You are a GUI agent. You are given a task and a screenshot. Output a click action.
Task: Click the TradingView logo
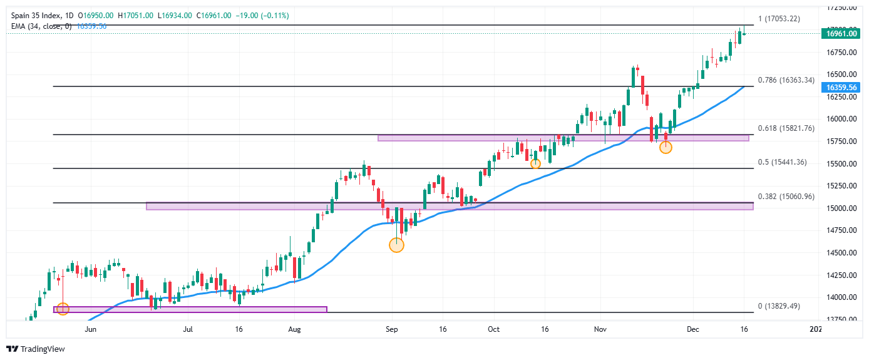[36, 349]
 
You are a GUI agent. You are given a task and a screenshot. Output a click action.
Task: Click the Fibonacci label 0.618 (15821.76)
[786, 128]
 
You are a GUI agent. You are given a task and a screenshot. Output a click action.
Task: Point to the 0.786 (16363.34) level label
[786, 80]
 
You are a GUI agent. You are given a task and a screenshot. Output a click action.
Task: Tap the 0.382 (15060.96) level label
[786, 197]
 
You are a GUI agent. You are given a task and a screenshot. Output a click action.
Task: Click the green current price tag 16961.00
[841, 33]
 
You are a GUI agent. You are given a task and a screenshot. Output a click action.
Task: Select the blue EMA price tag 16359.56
[841, 88]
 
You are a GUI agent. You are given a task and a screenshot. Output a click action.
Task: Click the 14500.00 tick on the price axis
[840, 253]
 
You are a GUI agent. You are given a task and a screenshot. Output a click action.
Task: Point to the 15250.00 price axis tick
[840, 186]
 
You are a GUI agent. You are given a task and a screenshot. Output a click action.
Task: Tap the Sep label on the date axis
[392, 328]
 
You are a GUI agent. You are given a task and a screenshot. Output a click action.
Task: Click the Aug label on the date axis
[295, 328]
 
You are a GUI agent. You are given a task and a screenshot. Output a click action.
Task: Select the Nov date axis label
[600, 328]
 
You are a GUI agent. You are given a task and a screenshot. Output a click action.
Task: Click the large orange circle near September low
[396, 245]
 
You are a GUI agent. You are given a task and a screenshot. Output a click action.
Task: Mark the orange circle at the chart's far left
[62, 308]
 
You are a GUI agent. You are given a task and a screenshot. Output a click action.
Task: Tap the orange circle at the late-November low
[666, 147]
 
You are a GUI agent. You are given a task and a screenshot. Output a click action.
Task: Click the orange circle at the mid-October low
[535, 163]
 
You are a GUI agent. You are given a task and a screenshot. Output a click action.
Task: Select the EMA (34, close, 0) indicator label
[41, 26]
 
